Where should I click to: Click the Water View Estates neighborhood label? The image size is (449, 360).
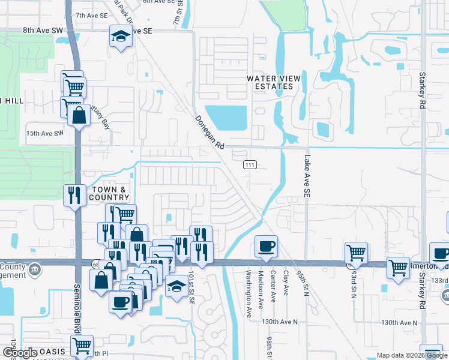pos(270,82)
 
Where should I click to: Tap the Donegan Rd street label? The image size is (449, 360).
pos(209,133)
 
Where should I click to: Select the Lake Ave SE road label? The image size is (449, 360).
pos(307,174)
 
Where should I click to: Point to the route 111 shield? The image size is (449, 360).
pos(250,164)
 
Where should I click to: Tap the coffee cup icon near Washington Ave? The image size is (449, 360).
pos(266,246)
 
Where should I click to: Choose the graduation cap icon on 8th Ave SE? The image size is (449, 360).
pos(120,37)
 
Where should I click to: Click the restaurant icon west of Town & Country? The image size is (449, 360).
pos(74,195)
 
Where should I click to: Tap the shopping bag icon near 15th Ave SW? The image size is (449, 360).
pos(79,115)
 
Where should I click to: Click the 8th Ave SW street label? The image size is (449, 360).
pos(43,29)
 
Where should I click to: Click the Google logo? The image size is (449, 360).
pos(20,353)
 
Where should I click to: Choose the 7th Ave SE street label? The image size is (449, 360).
pos(92,14)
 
